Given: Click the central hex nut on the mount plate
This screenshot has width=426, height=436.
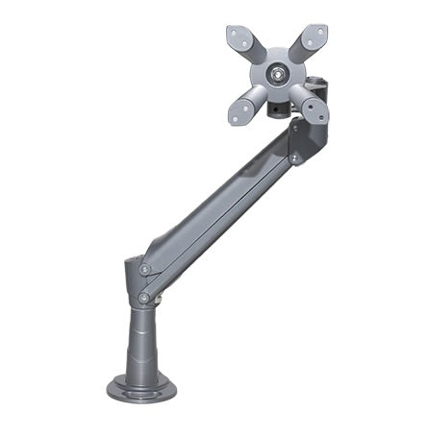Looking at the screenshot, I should pyautogui.click(x=277, y=72).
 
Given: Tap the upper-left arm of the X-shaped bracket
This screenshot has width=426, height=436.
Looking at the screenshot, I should pyautogui.click(x=247, y=43).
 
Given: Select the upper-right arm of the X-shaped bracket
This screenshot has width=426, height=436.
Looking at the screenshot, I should pyautogui.click(x=307, y=43).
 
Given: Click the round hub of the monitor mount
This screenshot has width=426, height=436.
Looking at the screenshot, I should pyautogui.click(x=277, y=73).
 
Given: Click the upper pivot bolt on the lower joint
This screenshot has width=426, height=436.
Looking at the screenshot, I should pyautogui.click(x=145, y=270).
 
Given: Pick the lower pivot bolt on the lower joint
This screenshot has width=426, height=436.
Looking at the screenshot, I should pyautogui.click(x=143, y=299).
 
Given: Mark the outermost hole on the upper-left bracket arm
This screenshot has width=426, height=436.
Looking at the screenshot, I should pyautogui.click(x=237, y=33).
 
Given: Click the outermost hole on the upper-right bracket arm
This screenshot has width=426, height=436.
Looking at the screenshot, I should pyautogui.click(x=318, y=32).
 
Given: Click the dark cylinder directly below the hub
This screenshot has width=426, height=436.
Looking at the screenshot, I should pyautogui.click(x=277, y=109).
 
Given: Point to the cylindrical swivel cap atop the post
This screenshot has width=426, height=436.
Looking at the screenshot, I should pyautogui.click(x=136, y=274).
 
